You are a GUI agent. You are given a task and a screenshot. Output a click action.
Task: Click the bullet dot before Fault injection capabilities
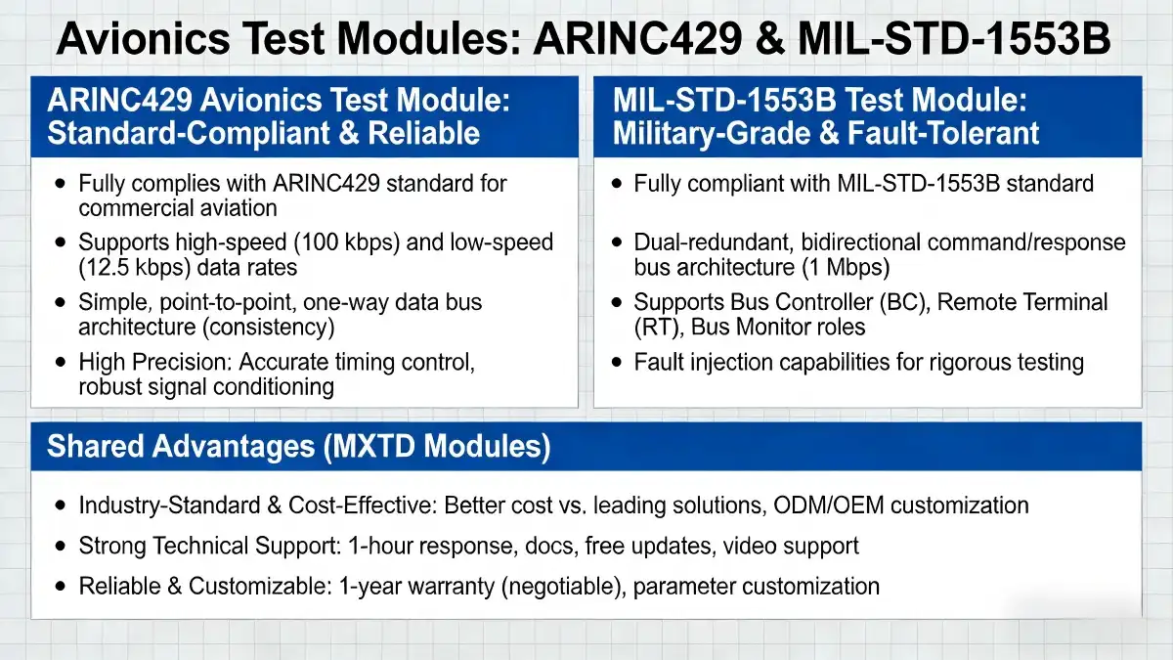coord(617,363)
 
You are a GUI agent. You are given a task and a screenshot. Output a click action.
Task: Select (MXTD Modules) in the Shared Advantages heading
coord(436,447)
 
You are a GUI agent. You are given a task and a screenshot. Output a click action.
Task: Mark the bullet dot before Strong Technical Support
coord(62,546)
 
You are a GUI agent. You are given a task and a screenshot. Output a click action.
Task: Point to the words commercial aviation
coord(178,207)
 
